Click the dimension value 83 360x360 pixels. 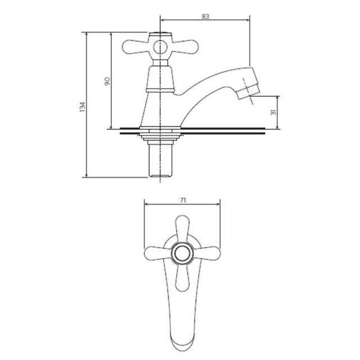point(205,16)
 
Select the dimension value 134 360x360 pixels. point(83,107)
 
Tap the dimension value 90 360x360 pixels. point(107,81)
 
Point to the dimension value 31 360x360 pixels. point(273,112)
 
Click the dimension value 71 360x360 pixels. point(182,200)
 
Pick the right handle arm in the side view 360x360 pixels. point(185,47)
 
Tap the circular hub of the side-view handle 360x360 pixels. point(160,48)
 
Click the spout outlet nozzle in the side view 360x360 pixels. point(249,91)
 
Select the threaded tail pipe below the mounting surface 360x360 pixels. point(160,160)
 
